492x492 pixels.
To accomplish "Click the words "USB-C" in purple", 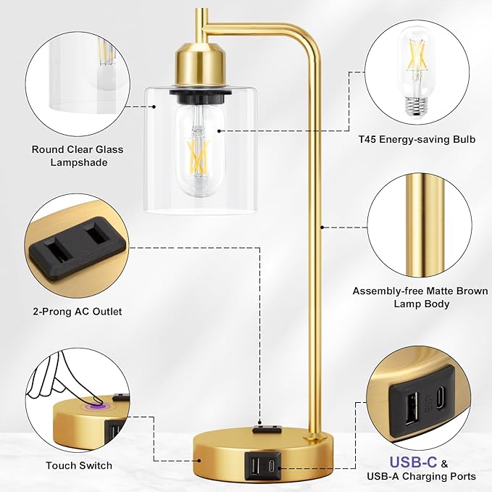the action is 413,462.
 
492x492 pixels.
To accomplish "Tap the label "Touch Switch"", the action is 79,465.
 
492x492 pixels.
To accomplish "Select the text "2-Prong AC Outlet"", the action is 78,312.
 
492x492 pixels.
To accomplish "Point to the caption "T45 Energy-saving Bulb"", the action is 417,139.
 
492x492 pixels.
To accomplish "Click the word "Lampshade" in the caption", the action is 79,162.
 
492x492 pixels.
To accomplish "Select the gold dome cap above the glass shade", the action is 201,66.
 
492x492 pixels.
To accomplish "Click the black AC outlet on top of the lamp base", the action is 266,429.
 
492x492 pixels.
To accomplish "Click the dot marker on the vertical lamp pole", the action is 322,227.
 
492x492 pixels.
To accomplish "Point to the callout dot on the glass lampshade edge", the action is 154,107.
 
